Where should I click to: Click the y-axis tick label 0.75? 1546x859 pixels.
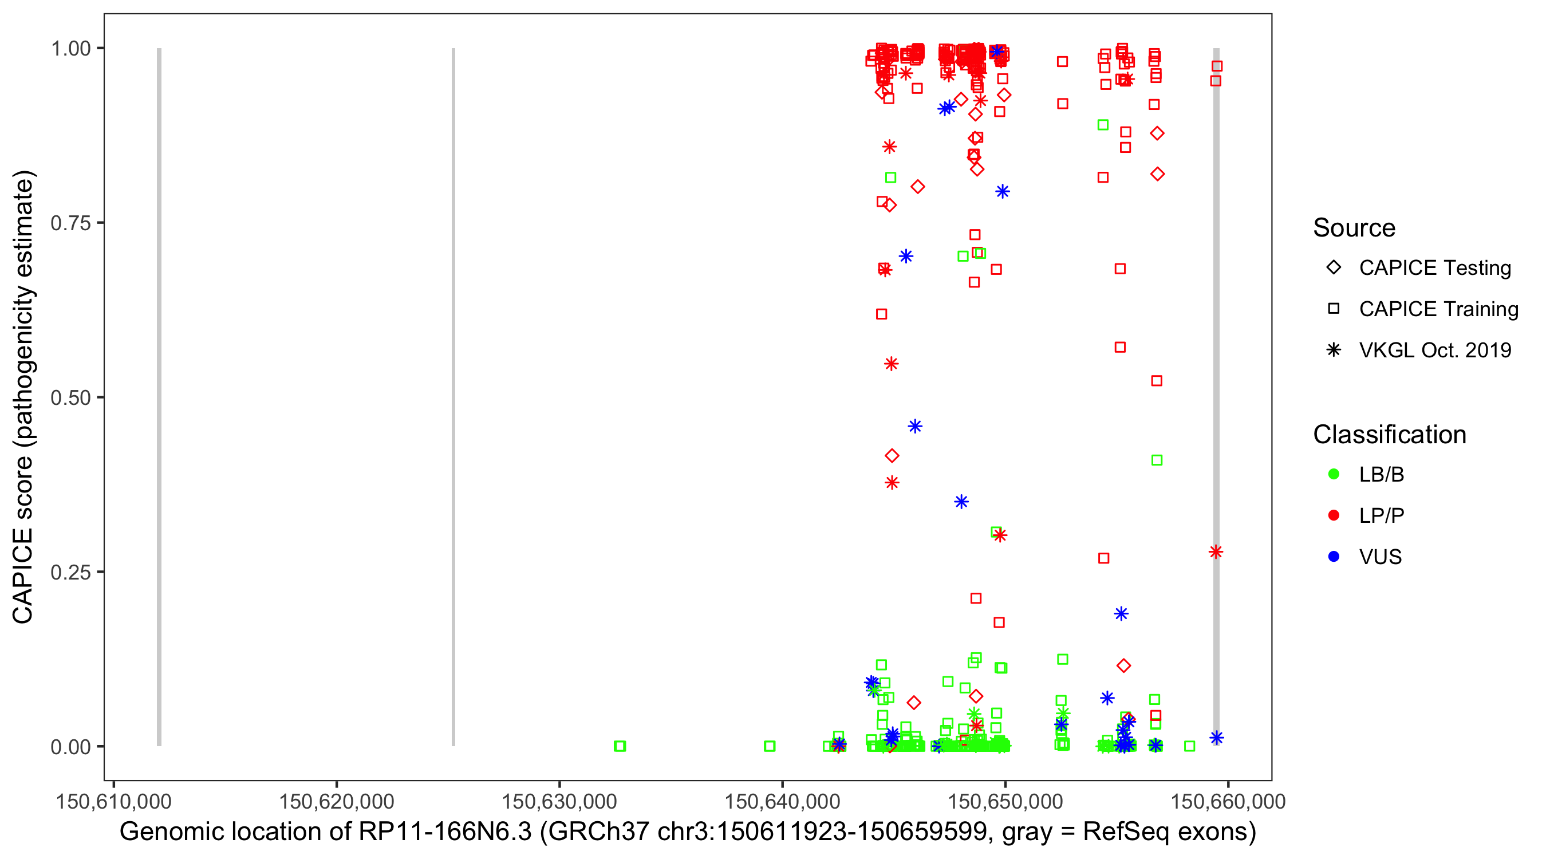point(70,223)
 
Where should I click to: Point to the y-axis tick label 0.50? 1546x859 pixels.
point(70,397)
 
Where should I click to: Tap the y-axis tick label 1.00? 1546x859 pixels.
point(70,49)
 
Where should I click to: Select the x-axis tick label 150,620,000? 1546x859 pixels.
point(336,801)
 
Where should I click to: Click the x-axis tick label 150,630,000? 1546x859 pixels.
point(559,801)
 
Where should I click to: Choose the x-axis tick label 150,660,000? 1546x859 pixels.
point(1227,801)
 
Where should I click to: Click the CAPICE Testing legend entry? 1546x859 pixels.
point(1434,268)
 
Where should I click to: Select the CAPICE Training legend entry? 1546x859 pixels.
point(1438,309)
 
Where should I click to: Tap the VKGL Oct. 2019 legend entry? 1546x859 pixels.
point(1434,350)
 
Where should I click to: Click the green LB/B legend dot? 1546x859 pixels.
point(1334,474)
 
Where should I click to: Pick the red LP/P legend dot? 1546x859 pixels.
point(1334,515)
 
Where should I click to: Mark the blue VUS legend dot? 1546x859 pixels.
point(1334,557)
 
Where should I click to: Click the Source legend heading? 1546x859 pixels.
point(1354,228)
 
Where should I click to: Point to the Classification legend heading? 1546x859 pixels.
point(1389,435)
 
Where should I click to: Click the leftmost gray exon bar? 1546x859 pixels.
point(159,396)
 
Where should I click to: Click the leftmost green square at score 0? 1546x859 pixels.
point(620,746)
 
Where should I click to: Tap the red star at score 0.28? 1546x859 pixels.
point(1215,552)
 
